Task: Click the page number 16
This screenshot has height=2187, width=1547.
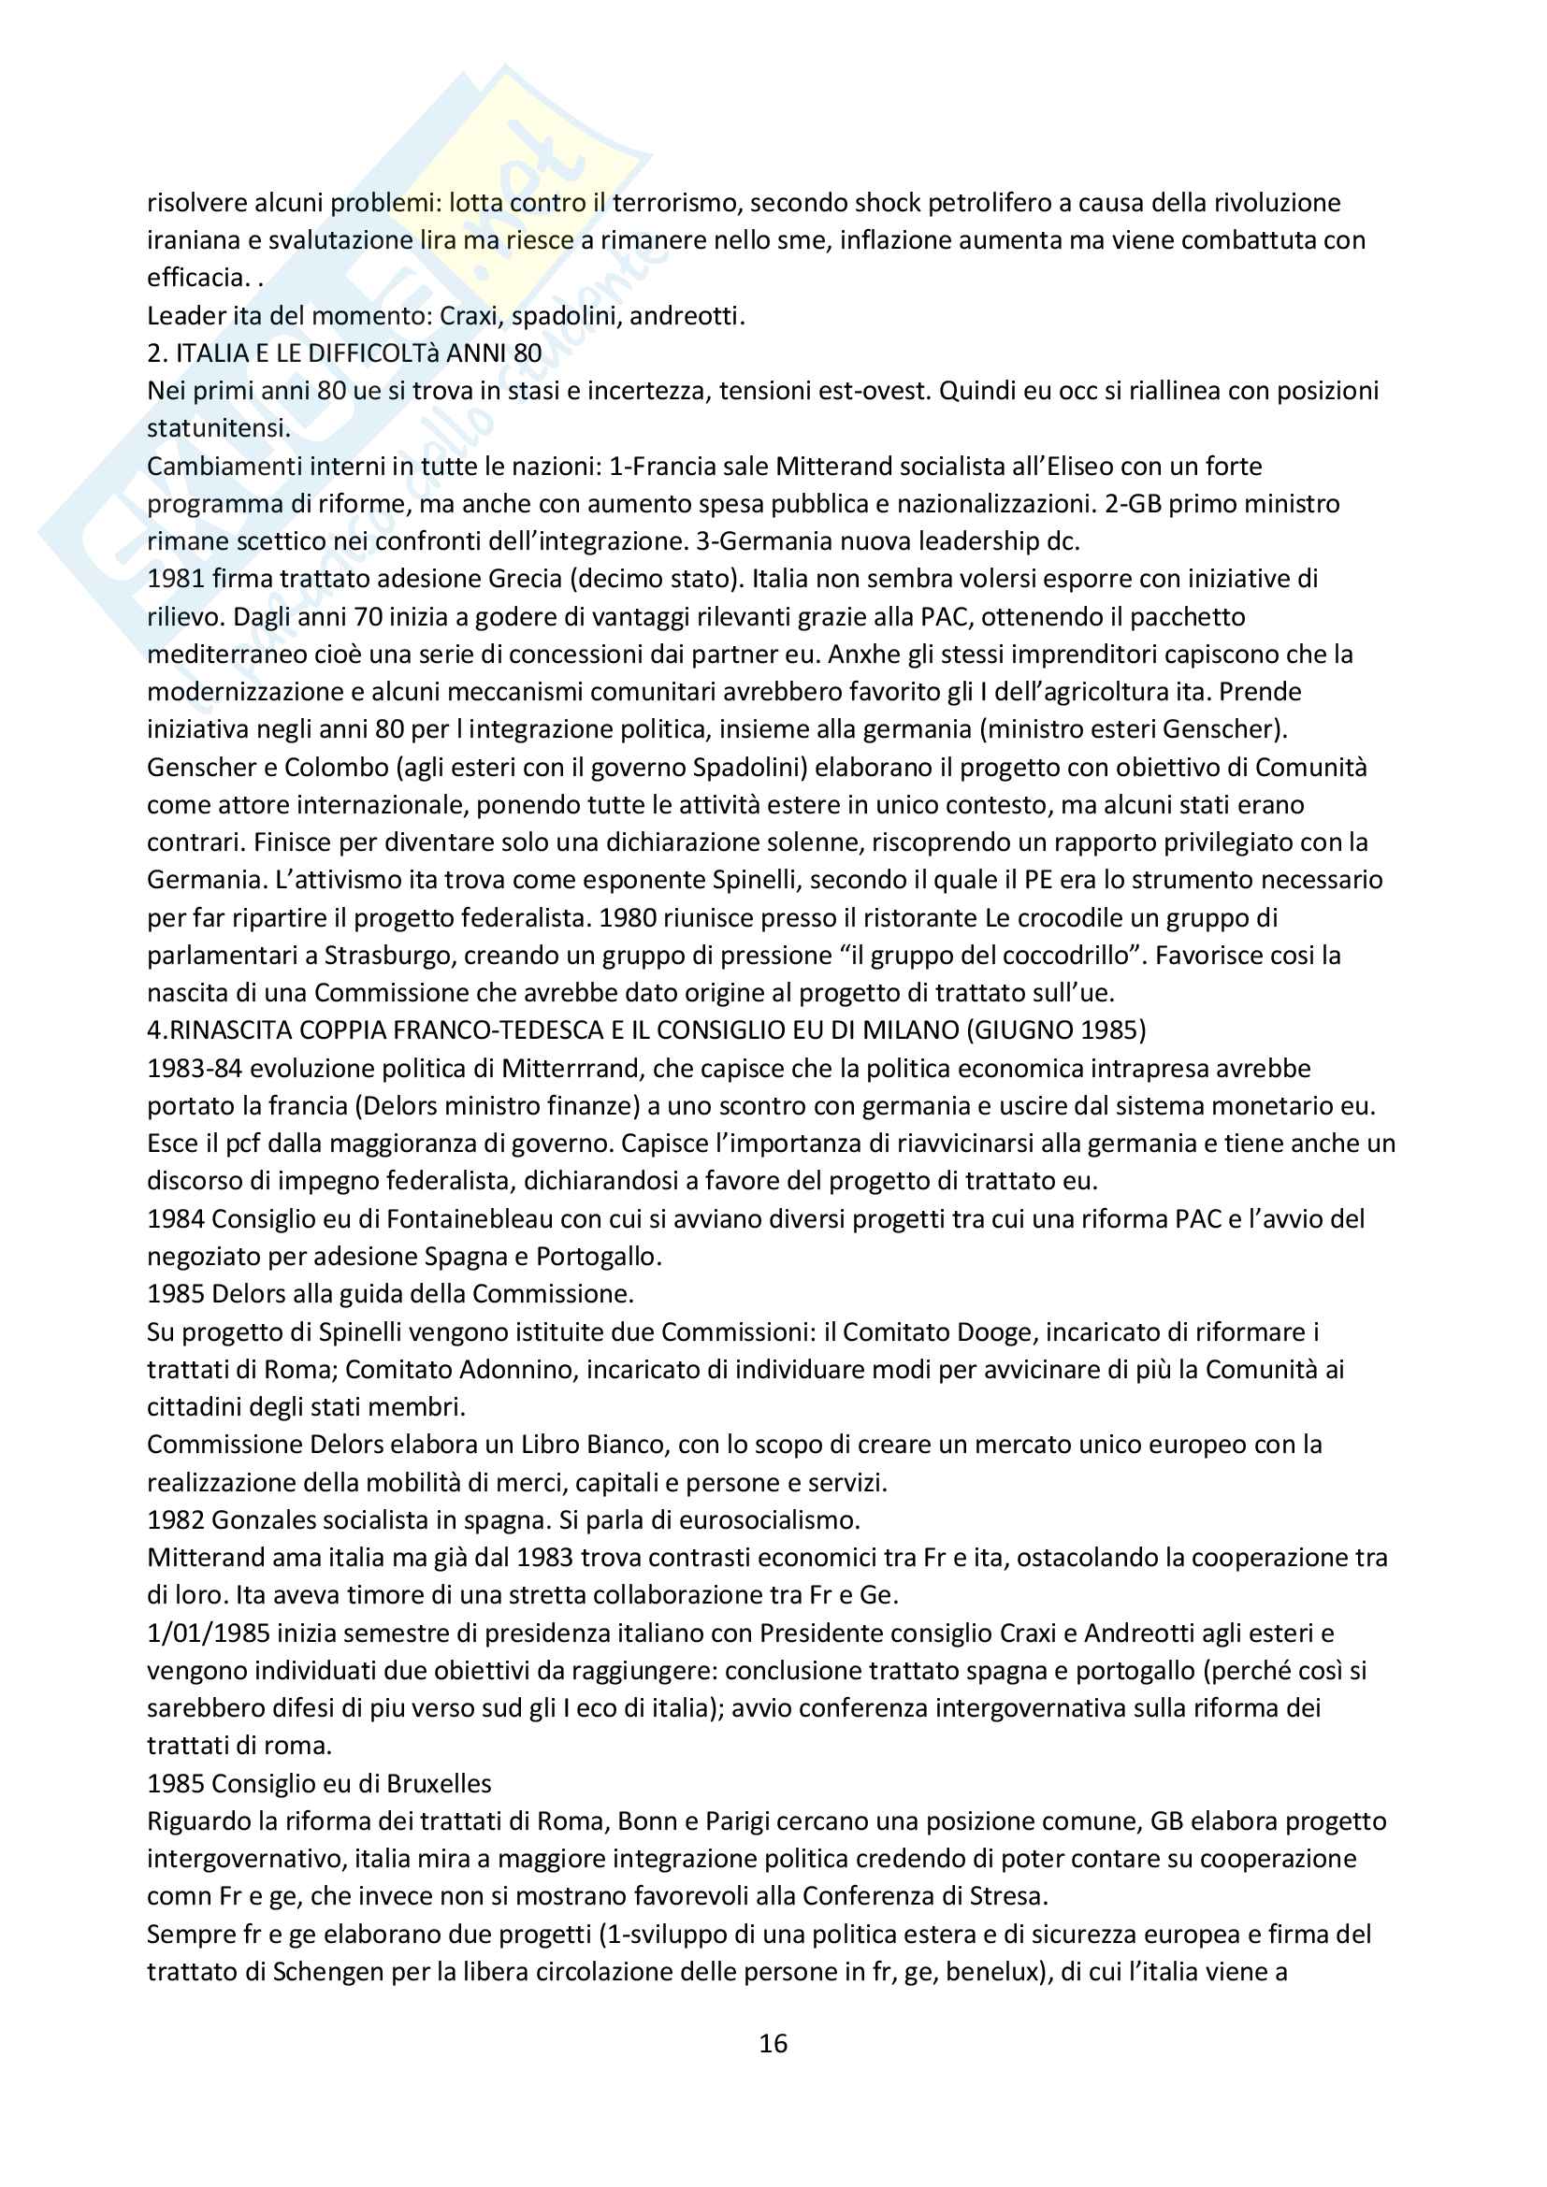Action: (x=773, y=2043)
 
